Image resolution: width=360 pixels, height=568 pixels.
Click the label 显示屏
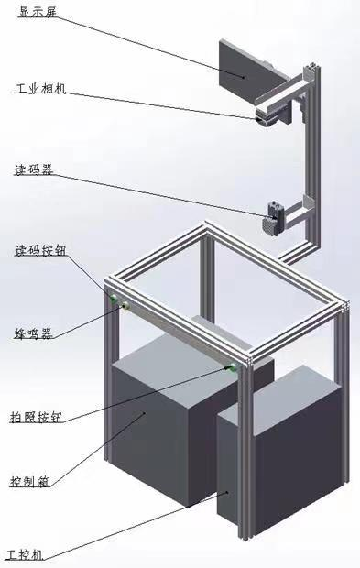[x=38, y=12]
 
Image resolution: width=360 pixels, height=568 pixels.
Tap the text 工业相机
[x=40, y=88]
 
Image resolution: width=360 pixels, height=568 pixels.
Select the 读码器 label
[x=33, y=169]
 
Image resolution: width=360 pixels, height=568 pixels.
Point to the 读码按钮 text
[x=40, y=250]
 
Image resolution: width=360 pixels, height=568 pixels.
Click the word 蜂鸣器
[x=33, y=333]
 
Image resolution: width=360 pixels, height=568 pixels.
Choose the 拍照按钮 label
[x=36, y=417]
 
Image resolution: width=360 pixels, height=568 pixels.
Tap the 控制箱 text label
[x=29, y=481]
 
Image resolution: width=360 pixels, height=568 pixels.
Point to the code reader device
[x=273, y=218]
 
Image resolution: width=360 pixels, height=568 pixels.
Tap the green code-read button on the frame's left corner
[x=114, y=299]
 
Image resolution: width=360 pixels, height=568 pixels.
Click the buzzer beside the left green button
[x=126, y=306]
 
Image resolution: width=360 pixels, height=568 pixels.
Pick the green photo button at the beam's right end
[x=232, y=368]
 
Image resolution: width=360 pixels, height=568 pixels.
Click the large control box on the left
[x=174, y=421]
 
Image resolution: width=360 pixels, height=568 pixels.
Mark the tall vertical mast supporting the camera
[x=312, y=159]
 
